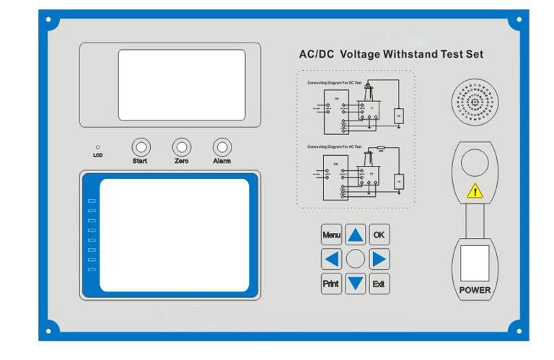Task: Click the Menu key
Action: tap(331, 235)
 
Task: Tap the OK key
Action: tap(379, 235)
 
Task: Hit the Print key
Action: tap(331, 284)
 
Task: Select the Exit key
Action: tap(379, 284)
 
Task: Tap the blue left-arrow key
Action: tap(331, 259)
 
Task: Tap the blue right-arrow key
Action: tap(379, 259)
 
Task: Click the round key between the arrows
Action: tap(356, 259)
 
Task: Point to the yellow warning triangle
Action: tap(474, 192)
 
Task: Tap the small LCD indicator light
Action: tap(98, 147)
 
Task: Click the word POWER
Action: tap(475, 291)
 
